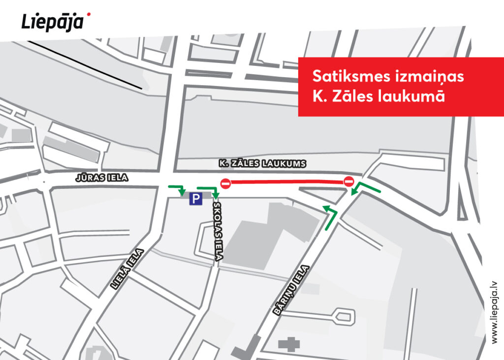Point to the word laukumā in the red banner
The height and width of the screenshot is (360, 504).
pos(414,96)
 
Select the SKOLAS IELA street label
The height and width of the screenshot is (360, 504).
pos(217,231)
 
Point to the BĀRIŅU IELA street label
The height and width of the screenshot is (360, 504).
pos(290,290)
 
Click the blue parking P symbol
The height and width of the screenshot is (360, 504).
pos(196,199)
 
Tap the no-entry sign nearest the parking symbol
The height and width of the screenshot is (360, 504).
pos(225,183)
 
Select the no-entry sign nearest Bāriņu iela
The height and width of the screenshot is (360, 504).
pos(348,181)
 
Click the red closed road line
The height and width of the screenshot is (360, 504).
pos(287,182)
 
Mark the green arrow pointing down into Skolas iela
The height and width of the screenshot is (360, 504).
pos(210,191)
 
